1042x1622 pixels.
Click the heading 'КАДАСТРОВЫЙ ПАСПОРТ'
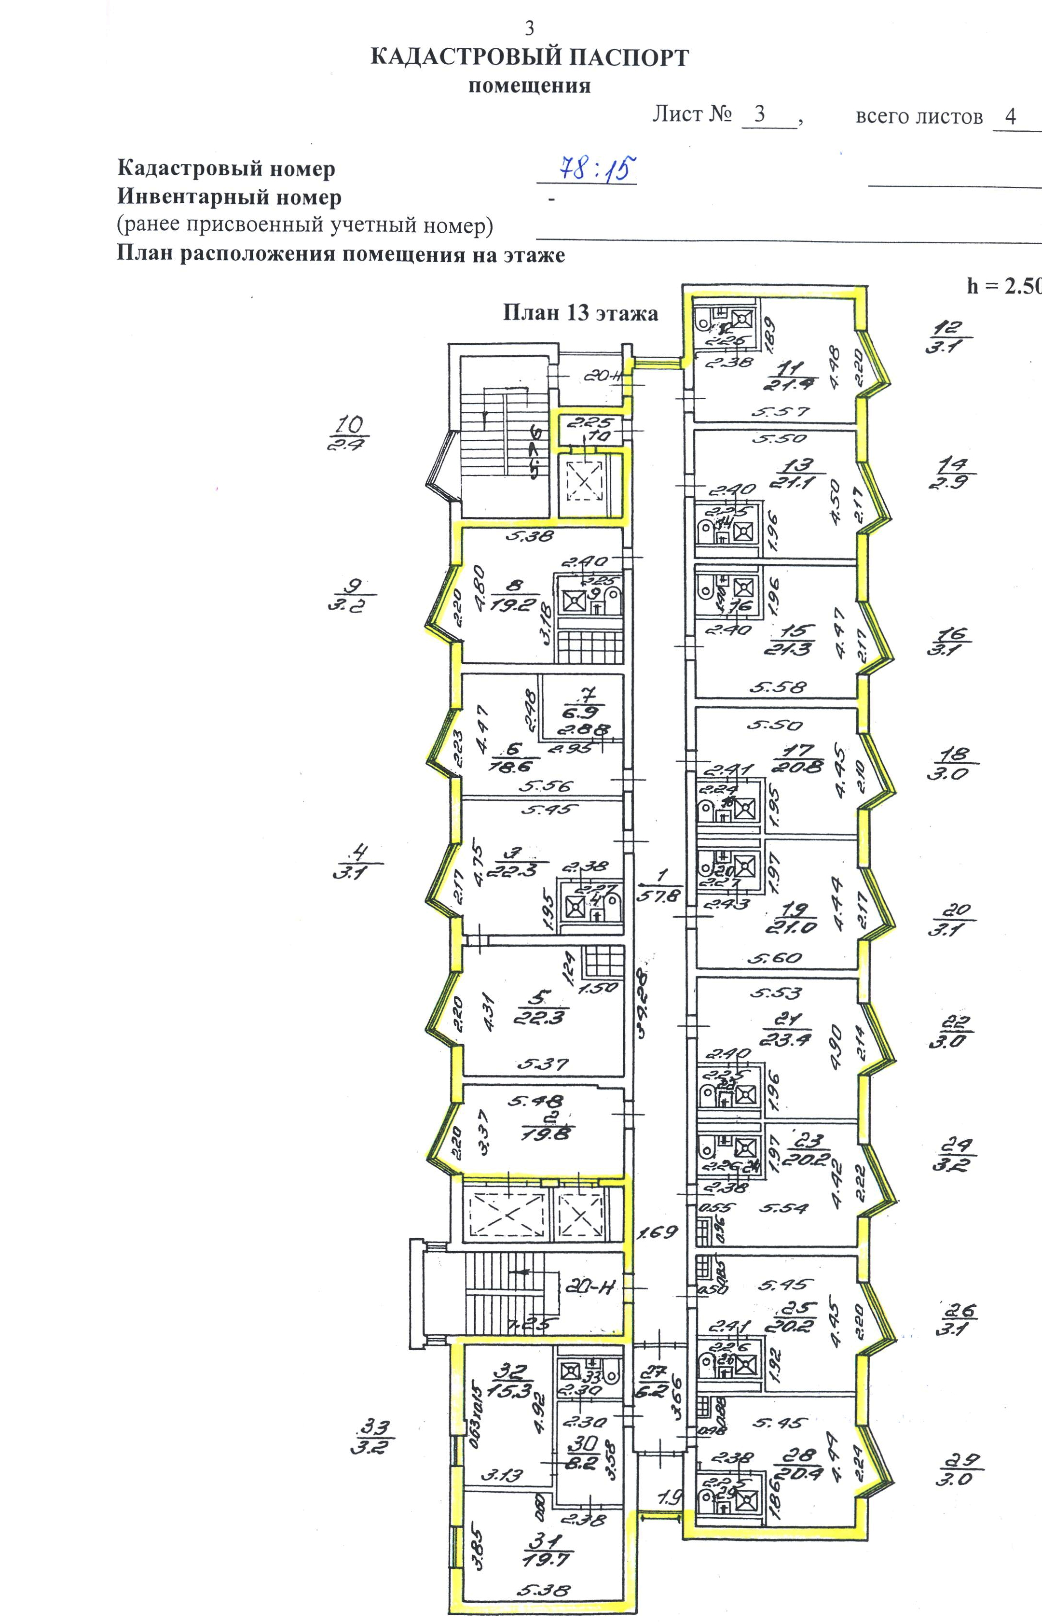(529, 57)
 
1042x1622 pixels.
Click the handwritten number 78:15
(588, 168)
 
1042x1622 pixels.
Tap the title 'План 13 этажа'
(580, 313)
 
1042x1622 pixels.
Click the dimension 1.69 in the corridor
(658, 1231)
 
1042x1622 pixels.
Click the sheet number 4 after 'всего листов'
(1010, 116)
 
